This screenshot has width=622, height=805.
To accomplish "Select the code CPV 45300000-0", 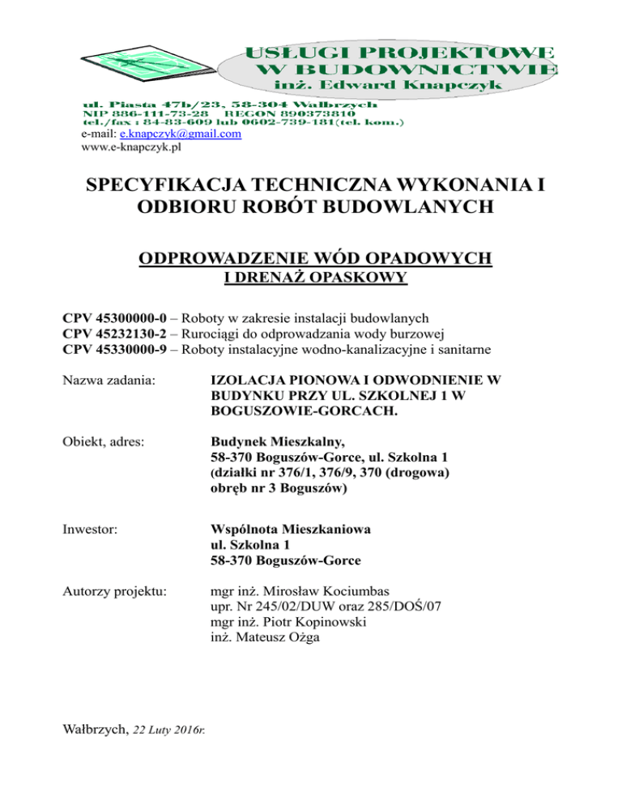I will tap(117, 316).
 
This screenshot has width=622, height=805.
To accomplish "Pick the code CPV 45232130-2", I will tap(117, 333).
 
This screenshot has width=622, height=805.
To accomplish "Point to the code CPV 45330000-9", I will tap(117, 350).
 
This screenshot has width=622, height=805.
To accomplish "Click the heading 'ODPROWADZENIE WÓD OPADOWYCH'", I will tap(316, 259).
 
